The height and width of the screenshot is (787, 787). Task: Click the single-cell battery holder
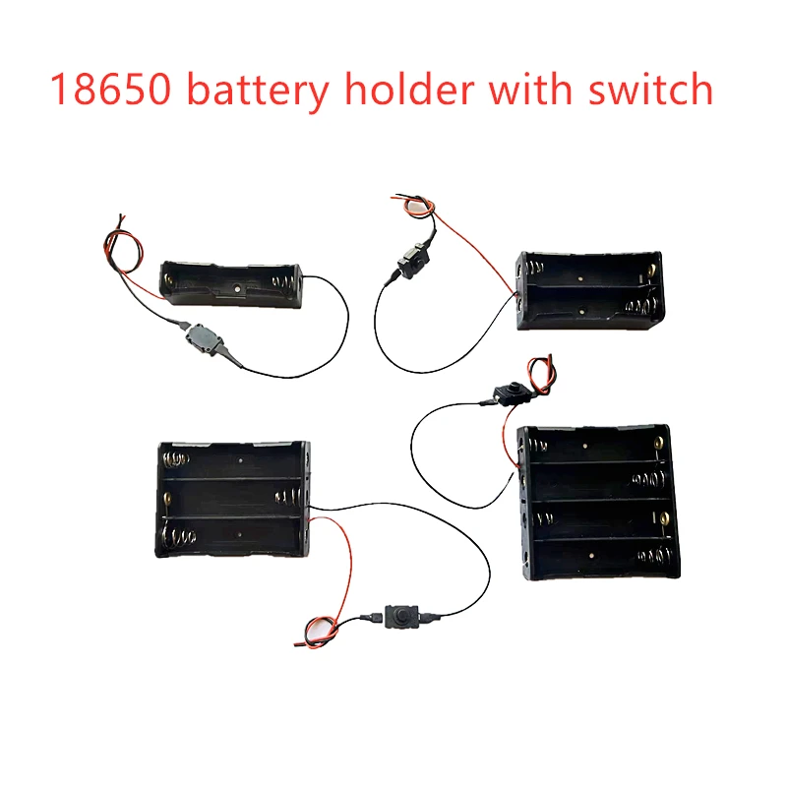(x=232, y=284)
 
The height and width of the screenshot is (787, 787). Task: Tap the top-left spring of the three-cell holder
(x=177, y=460)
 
